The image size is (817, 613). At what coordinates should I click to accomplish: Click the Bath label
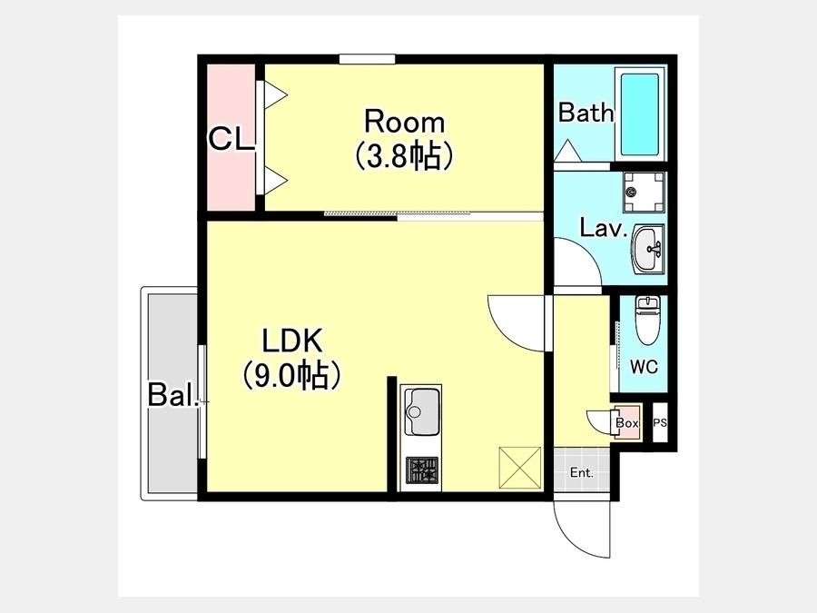click(x=586, y=113)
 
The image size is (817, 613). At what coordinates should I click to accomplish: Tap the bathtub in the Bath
click(x=640, y=114)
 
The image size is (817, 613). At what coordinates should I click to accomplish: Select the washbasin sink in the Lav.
click(x=647, y=249)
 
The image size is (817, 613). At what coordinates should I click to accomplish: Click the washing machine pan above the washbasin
click(x=644, y=192)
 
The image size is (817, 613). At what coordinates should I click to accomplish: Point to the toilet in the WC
click(x=647, y=320)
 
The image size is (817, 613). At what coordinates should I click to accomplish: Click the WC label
click(x=644, y=367)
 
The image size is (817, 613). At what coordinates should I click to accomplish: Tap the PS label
click(x=660, y=422)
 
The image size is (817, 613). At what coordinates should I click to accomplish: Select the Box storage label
click(x=626, y=422)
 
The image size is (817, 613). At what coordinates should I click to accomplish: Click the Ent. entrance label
click(x=582, y=473)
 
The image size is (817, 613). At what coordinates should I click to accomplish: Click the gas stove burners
click(x=422, y=470)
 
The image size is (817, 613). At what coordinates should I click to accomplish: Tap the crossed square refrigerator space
click(x=520, y=468)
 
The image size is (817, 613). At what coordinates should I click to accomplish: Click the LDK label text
click(x=292, y=341)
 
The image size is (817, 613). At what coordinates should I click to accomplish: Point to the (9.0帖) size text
click(x=292, y=375)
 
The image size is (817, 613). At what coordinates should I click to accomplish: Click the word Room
click(x=404, y=122)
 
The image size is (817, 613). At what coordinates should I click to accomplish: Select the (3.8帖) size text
click(x=404, y=156)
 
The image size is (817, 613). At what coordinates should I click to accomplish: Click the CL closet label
click(x=231, y=139)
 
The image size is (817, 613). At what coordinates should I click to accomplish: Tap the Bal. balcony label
click(x=173, y=395)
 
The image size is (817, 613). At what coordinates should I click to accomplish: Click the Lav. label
click(x=604, y=228)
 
